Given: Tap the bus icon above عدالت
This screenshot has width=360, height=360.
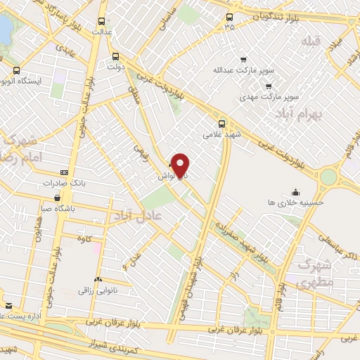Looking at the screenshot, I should pyautogui.click(x=103, y=21).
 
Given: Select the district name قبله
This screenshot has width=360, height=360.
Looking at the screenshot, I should pyautogui.click(x=310, y=42).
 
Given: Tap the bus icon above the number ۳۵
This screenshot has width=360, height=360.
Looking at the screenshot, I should pyautogui.click(x=229, y=18).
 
